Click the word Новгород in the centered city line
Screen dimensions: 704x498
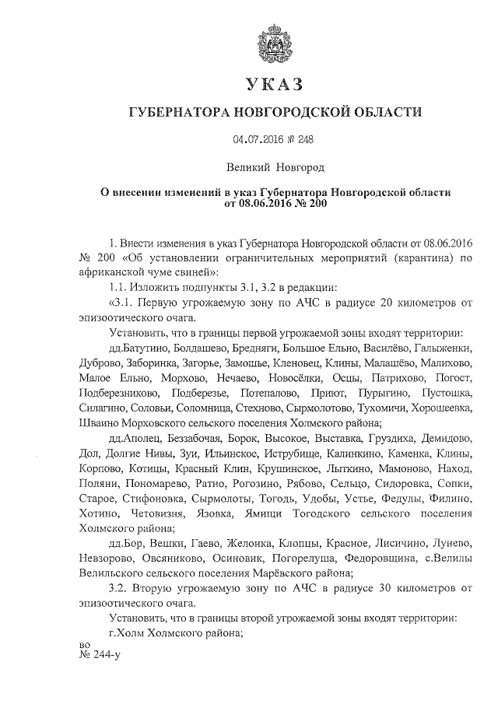click(297, 166)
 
